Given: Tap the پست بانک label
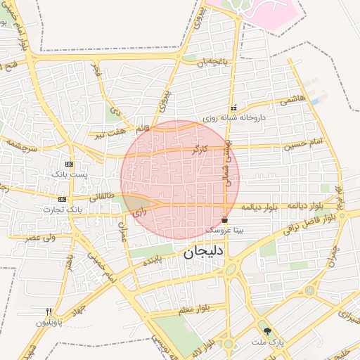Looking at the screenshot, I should (x=70, y=174).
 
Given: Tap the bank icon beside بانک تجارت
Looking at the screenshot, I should (x=63, y=200).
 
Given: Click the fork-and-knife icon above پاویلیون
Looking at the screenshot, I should (x=49, y=311).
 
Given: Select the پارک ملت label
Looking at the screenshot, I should (x=267, y=342).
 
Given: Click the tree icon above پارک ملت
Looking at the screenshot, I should (x=267, y=331).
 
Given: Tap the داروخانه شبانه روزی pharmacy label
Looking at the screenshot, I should (x=233, y=119).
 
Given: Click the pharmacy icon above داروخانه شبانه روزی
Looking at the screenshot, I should (x=233, y=109).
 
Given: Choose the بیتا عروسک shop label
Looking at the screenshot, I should (x=224, y=230).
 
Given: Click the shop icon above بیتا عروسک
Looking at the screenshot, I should (x=224, y=220).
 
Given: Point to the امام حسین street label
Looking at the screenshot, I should (x=303, y=145).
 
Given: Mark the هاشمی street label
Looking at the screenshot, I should (x=293, y=99).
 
